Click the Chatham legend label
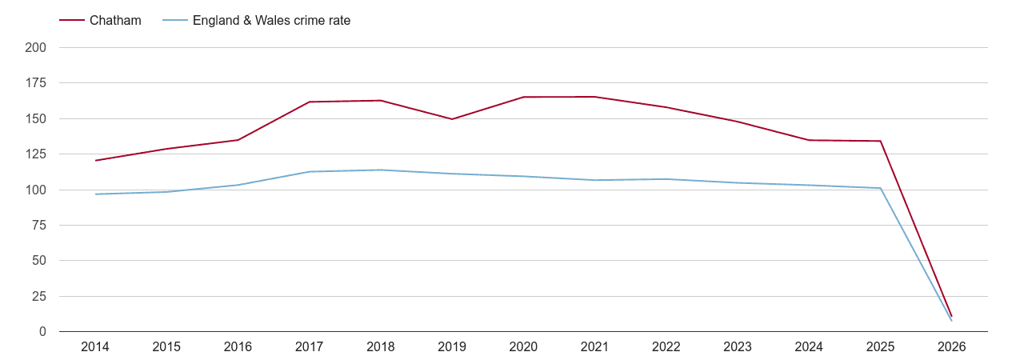pos(115,21)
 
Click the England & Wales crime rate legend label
pos(271,21)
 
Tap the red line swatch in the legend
pos(72,21)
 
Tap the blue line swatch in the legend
pos(174,21)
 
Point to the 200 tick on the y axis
pos(36,48)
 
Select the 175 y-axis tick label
pos(36,83)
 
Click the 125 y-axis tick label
pos(36,154)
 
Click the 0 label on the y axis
pos(42,332)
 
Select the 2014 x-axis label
pos(95,347)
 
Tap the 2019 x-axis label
pos(452,347)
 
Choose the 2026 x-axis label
pos(952,347)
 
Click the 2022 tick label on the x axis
pos(666,347)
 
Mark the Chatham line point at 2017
pos(310,102)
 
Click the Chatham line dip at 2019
pos(452,119)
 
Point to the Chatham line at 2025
pos(881,141)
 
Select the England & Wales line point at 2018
pos(381,170)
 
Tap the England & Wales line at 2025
pos(881,188)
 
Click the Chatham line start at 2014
pos(95,161)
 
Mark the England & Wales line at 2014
pos(95,194)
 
